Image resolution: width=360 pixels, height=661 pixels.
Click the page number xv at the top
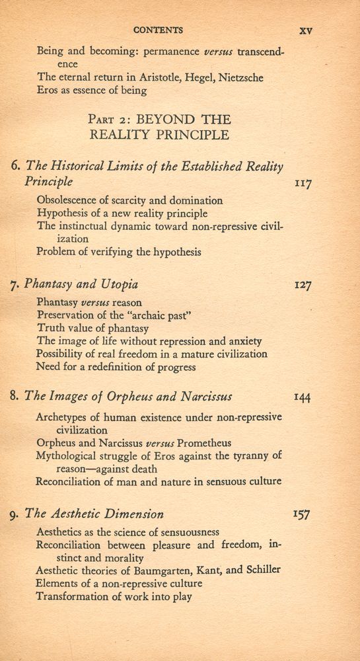coord(305,30)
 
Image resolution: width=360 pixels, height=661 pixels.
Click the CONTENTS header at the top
coord(159,30)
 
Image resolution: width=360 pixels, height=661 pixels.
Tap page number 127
coord(303,286)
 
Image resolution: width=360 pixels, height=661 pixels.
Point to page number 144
coord(303,397)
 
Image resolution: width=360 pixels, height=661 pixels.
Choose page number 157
coord(303,514)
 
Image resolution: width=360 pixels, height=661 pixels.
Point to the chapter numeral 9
coord(16,514)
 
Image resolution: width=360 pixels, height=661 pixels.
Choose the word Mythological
coord(71,455)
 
